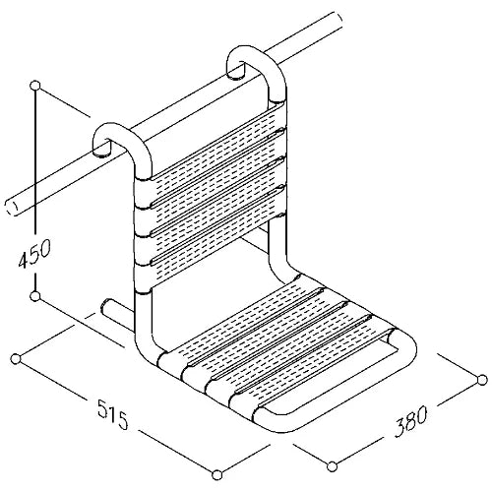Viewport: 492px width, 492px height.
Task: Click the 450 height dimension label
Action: click(34, 253)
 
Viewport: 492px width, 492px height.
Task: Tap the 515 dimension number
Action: click(112, 415)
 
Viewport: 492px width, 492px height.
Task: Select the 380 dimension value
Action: click(410, 421)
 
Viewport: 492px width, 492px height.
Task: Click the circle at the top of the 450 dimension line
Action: click(34, 86)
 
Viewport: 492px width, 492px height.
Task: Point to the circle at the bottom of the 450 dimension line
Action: click(34, 296)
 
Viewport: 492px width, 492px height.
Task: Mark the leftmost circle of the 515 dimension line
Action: click(16, 359)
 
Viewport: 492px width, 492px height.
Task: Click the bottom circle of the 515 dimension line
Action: click(216, 474)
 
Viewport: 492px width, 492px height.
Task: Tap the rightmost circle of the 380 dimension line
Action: click(482, 380)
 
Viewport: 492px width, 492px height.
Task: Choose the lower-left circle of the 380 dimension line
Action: click(333, 466)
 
